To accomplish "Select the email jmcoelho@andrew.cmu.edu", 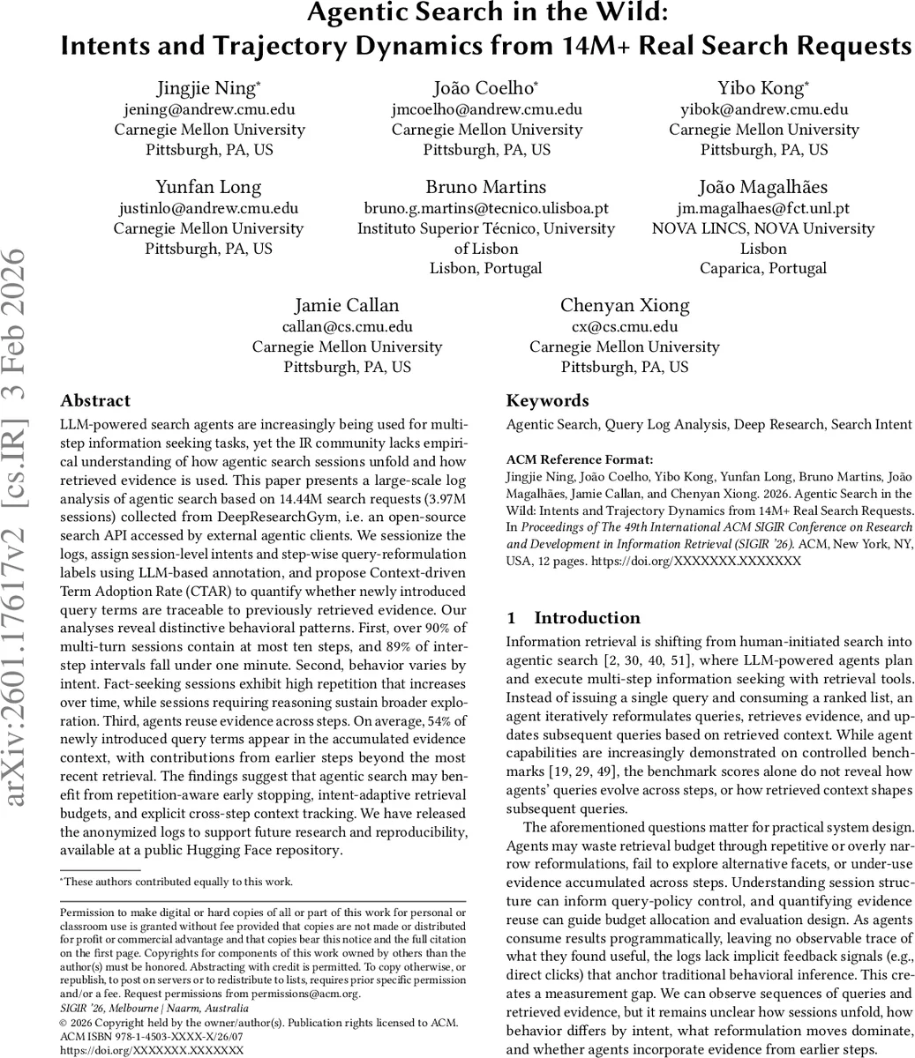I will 486,109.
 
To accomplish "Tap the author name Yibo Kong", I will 761,88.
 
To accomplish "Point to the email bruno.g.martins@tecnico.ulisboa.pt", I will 486,208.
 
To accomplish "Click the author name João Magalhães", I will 763,187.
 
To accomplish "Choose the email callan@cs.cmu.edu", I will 347,326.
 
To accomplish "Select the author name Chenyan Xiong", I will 624,306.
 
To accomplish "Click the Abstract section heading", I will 95,401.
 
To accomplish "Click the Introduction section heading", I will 587,618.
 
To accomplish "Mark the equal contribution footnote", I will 176,882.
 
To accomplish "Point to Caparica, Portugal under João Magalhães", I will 763,268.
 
